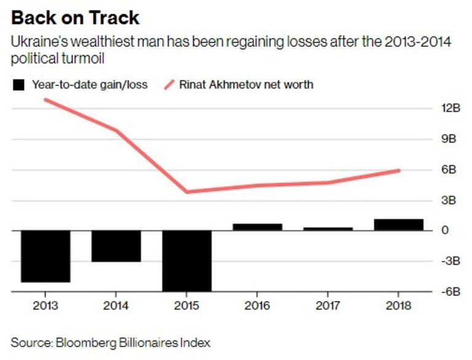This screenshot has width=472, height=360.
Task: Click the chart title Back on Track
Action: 72,17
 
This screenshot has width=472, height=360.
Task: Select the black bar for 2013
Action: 46,256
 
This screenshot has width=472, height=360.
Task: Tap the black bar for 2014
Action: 116,246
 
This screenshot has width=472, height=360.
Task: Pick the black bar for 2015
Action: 187,260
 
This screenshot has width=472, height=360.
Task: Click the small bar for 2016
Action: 258,227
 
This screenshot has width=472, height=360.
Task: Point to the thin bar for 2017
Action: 328,229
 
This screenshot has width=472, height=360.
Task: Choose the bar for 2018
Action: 398,225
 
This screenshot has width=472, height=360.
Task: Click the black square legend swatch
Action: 18,85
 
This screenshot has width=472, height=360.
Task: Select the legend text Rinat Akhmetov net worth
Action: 246,85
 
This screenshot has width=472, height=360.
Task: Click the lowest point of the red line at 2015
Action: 187,192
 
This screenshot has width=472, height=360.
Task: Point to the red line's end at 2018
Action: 399,170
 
